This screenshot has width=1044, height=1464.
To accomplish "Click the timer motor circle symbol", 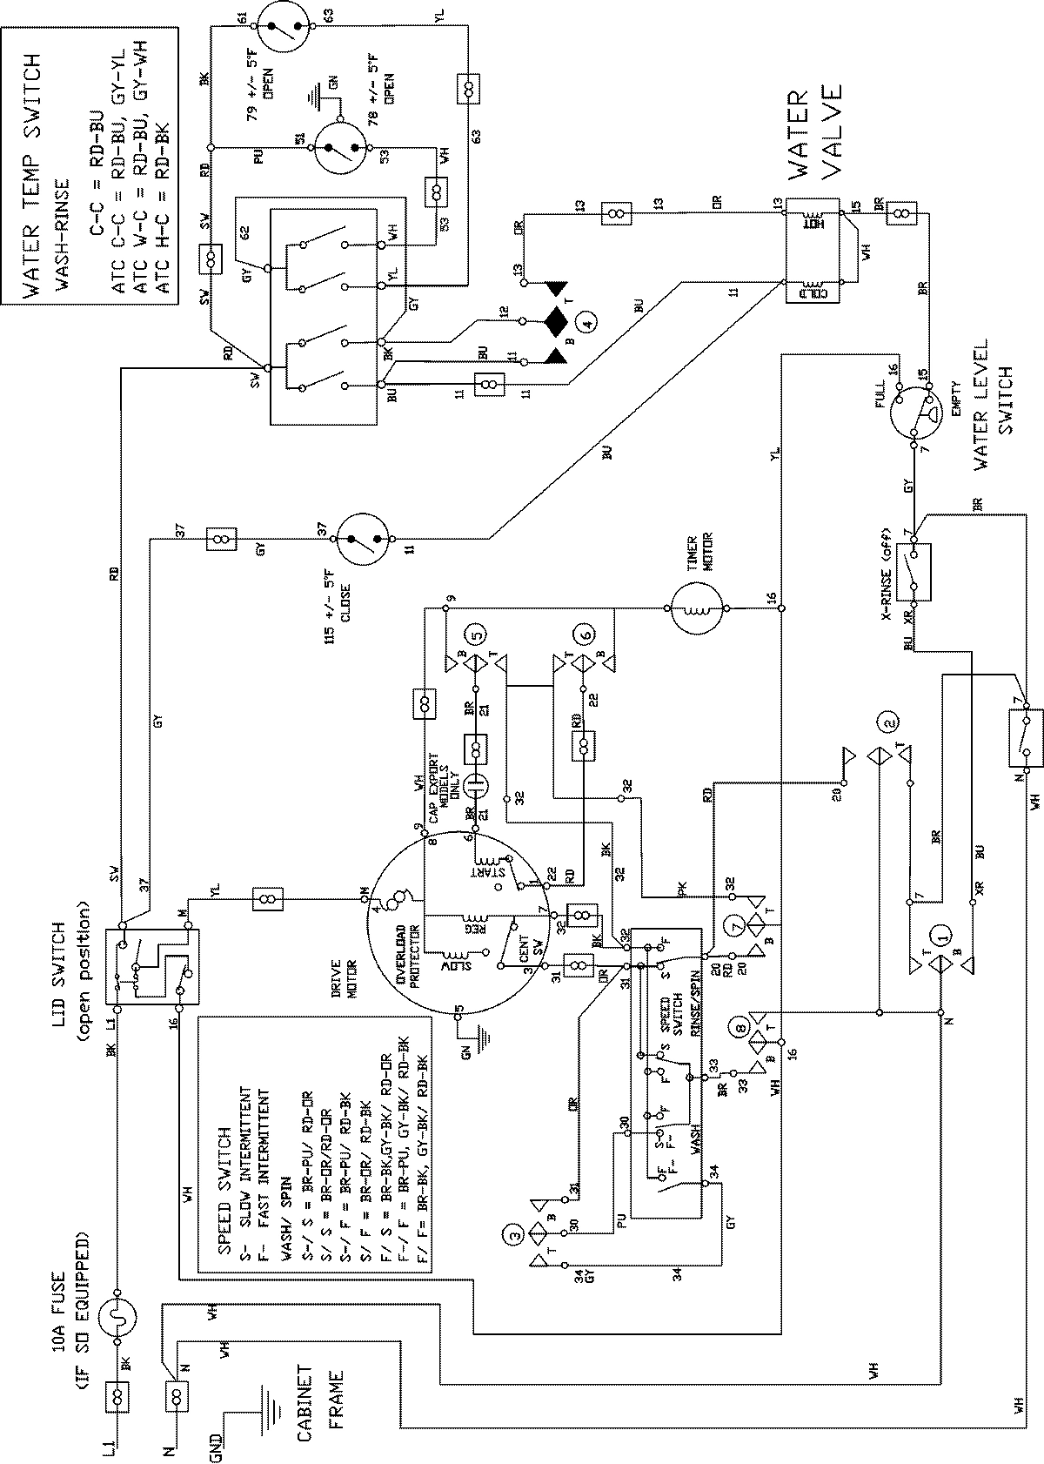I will [x=697, y=609].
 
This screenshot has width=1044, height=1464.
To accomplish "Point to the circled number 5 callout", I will [x=475, y=636].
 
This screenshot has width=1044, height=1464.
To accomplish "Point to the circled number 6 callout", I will [x=584, y=636].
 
